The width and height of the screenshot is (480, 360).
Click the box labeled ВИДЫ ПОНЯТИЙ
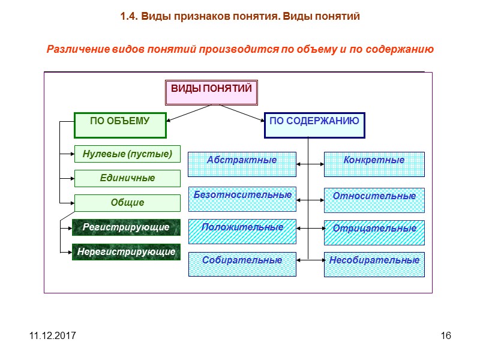coord(212,92)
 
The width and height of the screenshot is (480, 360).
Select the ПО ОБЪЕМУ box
coord(120,125)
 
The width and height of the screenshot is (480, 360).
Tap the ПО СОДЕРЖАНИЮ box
coord(314,125)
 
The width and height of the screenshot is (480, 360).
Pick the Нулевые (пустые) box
coord(127,154)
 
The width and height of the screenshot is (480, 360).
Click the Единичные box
coord(127,178)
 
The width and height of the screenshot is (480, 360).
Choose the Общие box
coord(127,203)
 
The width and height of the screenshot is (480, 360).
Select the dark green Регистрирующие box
coord(126,228)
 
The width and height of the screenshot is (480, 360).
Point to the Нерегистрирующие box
coord(126,252)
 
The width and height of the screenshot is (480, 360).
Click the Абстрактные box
coord(242,164)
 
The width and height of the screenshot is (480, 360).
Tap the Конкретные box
coord(374,164)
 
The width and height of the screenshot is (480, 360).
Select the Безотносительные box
coord(242,199)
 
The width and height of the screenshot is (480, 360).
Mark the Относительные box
coord(374,199)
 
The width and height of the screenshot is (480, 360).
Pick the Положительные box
coord(242,232)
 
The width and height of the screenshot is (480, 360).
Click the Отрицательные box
coord(374,232)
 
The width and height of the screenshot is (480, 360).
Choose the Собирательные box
coord(242,264)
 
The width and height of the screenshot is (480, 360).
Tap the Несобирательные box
coord(374,264)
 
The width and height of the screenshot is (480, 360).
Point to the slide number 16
coord(445,335)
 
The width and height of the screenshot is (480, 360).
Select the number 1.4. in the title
coord(130,17)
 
